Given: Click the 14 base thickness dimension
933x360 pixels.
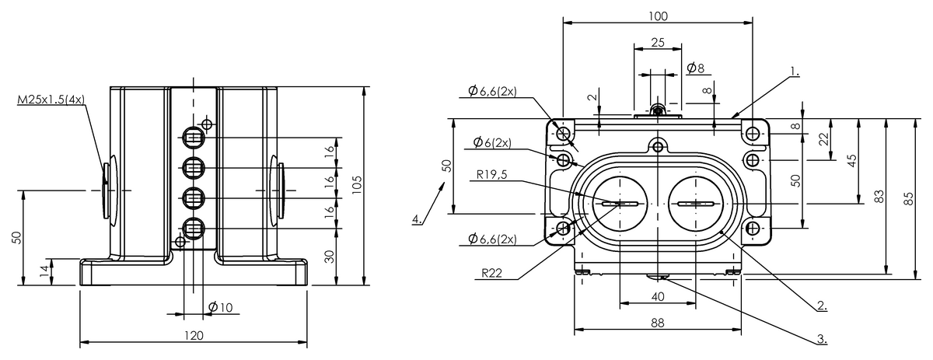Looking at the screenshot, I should coord(44,271).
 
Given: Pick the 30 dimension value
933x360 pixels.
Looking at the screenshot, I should coord(330,257).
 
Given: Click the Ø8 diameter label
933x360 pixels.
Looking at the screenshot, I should coord(696,68).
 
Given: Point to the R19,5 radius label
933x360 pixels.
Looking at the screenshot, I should coord(494,175).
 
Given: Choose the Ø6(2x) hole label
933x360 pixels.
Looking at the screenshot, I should coord(491,142).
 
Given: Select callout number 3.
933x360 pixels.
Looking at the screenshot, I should coord(821,340).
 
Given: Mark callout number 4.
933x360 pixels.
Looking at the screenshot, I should coord(418,219).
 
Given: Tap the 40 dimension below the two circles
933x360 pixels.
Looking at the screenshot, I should coord(658,296).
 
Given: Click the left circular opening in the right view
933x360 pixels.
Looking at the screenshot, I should coord(619,204).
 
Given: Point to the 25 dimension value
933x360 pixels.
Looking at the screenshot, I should coord(657,43).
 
